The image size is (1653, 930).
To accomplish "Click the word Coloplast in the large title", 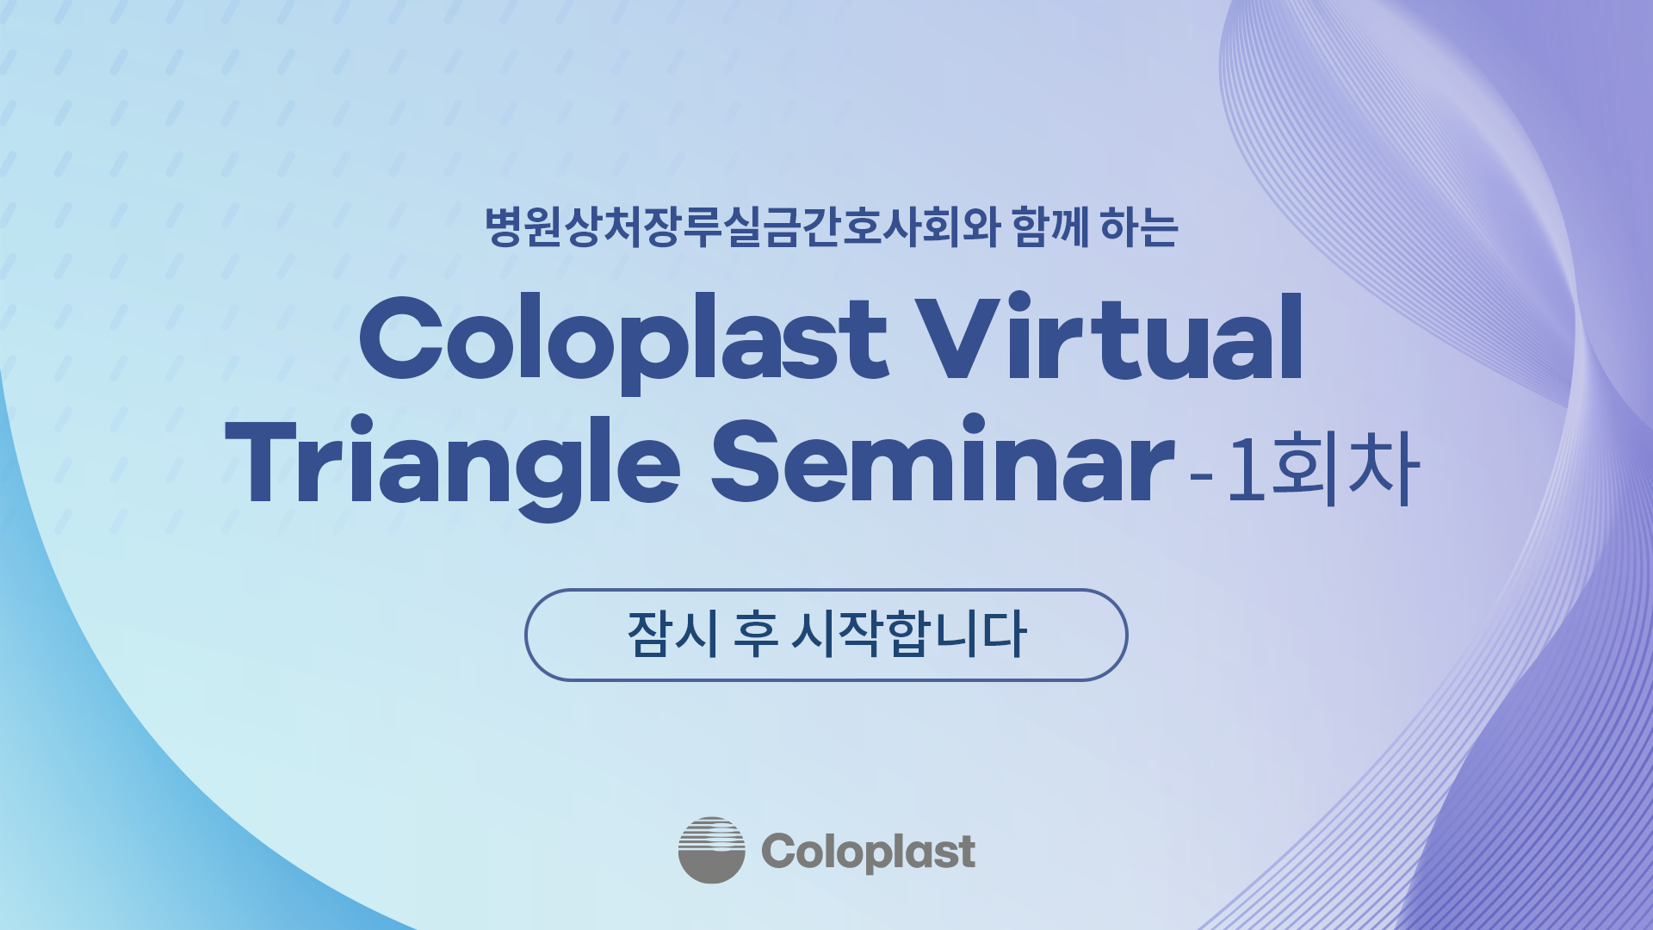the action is click(622, 343).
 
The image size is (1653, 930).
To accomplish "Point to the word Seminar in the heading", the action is click(942, 459).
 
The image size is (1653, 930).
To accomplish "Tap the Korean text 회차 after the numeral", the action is click(1346, 468).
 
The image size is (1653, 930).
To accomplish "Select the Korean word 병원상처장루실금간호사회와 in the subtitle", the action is click(741, 227).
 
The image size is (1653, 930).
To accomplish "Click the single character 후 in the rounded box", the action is click(756, 635).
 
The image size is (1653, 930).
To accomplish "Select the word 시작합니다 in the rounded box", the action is click(909, 635).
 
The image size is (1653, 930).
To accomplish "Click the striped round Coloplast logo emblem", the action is click(711, 850).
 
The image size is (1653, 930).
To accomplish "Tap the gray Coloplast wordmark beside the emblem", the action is click(868, 852).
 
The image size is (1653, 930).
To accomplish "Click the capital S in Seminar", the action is click(748, 462).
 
